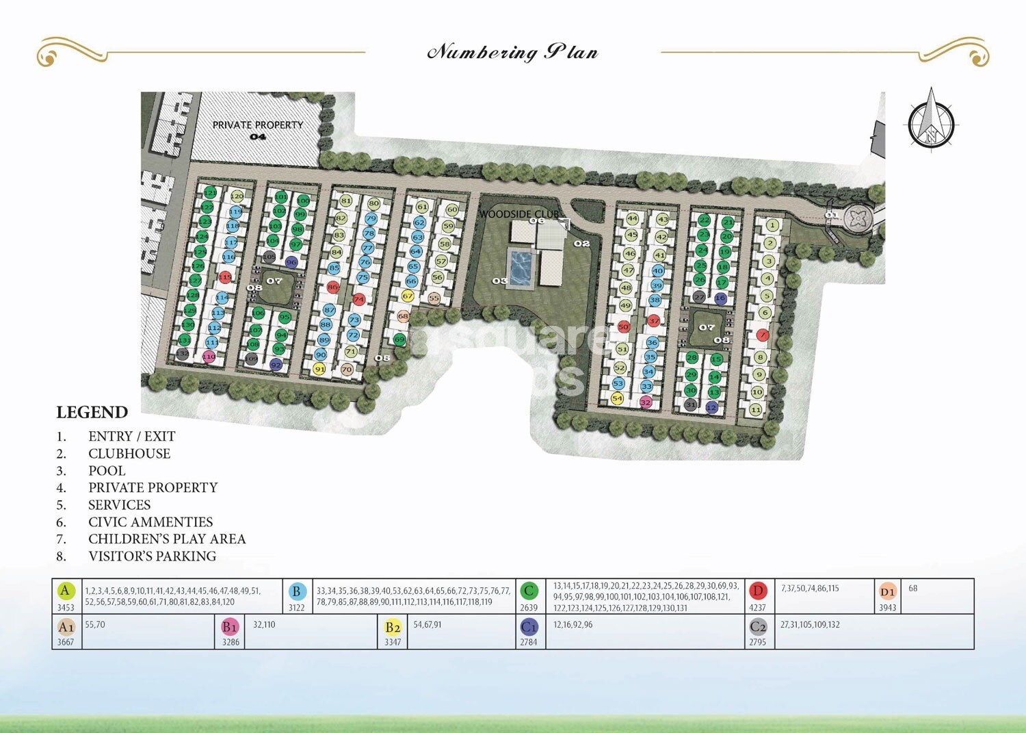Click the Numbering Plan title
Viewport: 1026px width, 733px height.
pos(512,52)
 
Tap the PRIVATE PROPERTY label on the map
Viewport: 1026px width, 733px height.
pos(257,125)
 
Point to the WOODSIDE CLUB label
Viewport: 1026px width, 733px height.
pos(518,214)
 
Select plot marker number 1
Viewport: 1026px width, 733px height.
pos(772,225)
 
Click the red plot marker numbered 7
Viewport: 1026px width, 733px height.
pos(762,335)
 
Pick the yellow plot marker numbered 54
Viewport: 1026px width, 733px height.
pos(617,398)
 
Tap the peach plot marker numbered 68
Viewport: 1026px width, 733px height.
pos(403,317)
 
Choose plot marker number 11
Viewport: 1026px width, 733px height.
pos(755,410)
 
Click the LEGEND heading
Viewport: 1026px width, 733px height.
pos(92,413)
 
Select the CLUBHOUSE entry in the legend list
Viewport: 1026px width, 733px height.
pos(129,454)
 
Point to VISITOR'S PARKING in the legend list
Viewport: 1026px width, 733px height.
pos(152,556)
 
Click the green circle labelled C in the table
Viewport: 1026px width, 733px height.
pos(529,591)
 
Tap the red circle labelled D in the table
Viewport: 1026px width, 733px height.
pos(757,591)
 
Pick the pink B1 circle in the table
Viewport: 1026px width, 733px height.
pos(230,626)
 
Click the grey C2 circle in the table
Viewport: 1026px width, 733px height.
pos(758,626)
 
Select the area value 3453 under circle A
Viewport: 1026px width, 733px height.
pos(66,607)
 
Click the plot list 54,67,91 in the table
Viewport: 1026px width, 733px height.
pos(428,625)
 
